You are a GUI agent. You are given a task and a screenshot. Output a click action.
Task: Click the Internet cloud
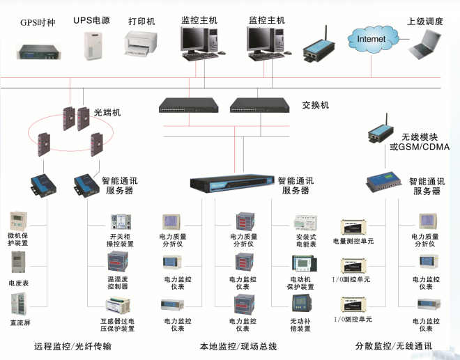coord(370,40)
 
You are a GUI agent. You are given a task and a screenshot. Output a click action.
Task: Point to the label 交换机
coord(315,105)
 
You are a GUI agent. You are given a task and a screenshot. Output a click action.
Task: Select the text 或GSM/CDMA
coord(420,147)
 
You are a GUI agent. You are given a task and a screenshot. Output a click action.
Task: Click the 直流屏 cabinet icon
coord(18,306)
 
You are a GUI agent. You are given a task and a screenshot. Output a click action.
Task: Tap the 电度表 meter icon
coord(18,263)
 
